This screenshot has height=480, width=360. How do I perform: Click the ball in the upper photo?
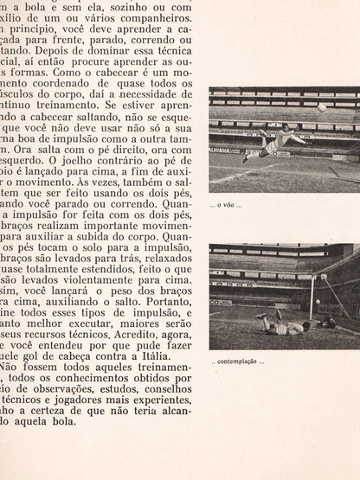(x=321, y=107)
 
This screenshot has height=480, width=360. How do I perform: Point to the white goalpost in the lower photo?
(x=311, y=298)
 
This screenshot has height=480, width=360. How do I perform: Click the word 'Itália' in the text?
(x=169, y=357)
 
